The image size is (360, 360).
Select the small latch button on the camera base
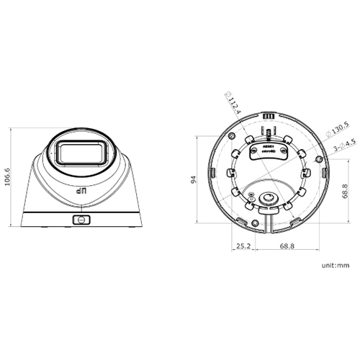click(81, 220)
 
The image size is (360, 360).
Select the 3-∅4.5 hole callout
click(341, 147)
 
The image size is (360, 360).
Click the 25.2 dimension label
click(243, 246)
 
